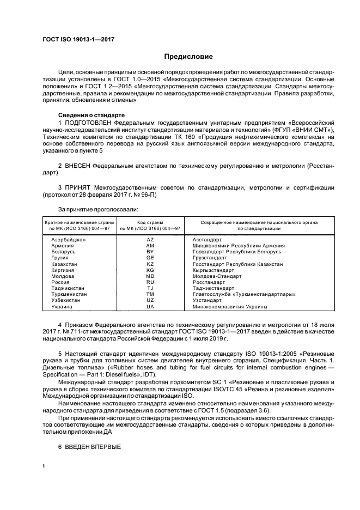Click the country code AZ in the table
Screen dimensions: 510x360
tap(150, 240)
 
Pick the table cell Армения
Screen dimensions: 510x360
tap(63, 246)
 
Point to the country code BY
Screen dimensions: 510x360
tap(150, 252)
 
